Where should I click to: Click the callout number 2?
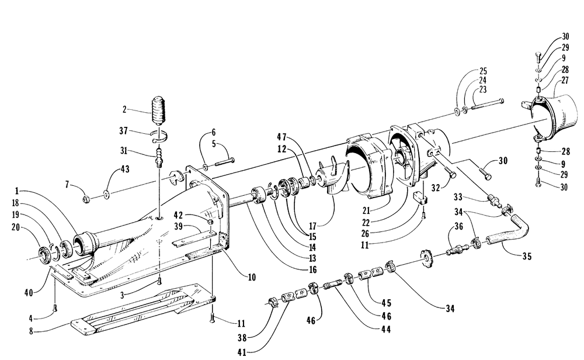pos(124,109)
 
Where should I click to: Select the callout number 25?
pos(482,71)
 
